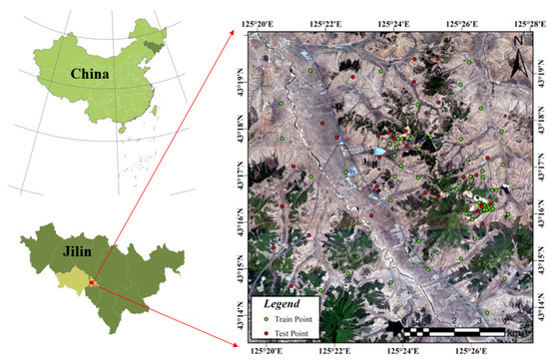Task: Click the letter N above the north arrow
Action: point(518,41)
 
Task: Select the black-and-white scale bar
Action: point(449,325)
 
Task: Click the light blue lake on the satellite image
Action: point(380,153)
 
